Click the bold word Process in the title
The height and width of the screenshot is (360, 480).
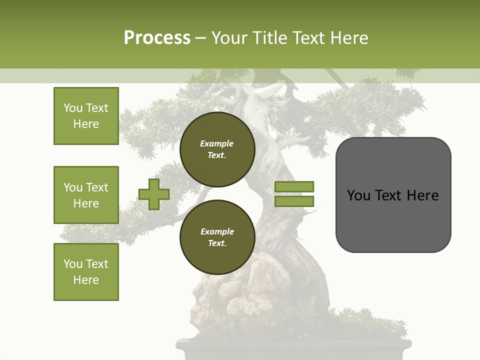tap(157, 38)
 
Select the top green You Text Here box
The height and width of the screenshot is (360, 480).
tap(86, 116)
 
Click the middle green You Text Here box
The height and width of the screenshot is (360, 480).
tap(86, 195)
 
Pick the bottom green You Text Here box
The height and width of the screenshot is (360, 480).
tap(86, 271)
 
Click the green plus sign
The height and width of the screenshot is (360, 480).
tap(154, 194)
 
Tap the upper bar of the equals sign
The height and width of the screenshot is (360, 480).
tap(294, 186)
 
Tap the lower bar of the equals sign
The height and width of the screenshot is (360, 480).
tap(294, 201)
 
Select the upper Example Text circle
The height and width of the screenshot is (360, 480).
tap(217, 149)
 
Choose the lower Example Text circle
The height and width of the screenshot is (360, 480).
tap(217, 237)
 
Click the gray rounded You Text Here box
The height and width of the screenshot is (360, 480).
tap(393, 195)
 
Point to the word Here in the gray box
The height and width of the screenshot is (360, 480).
tap(423, 195)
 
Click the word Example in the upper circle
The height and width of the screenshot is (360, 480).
tap(217, 143)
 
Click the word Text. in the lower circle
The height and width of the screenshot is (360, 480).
tap(217, 243)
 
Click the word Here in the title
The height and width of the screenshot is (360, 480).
tap(350, 38)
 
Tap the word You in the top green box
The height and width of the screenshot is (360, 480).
tap(73, 108)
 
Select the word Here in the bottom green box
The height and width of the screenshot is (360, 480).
tap(86, 280)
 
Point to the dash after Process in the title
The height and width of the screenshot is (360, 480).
tap(201, 38)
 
